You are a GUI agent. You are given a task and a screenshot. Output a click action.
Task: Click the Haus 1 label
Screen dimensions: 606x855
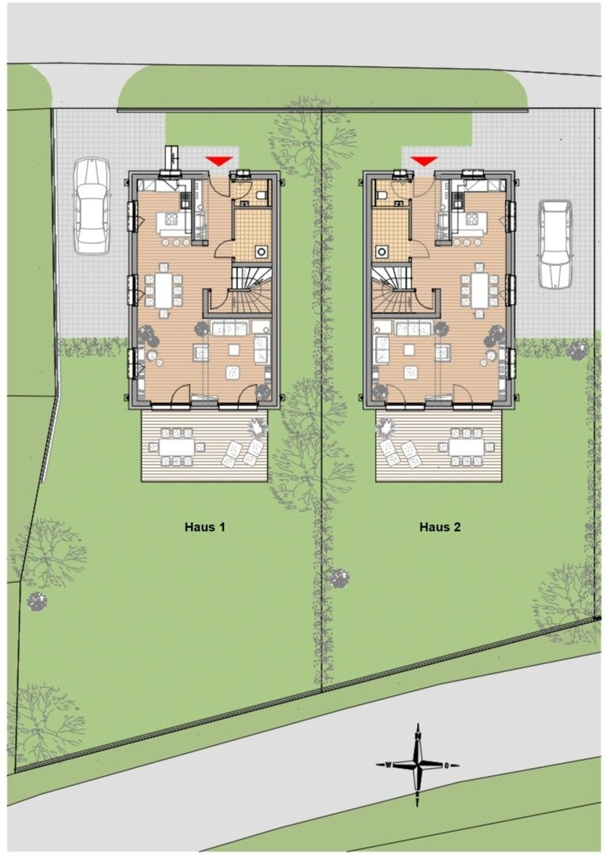pyautogui.click(x=204, y=526)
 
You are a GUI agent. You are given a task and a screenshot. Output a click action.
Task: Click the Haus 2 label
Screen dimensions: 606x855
pyautogui.click(x=440, y=526)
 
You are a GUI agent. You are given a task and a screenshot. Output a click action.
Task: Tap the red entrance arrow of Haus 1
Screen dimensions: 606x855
pyautogui.click(x=219, y=161)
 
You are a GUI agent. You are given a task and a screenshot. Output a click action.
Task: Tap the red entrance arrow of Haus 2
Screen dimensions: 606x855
pyautogui.click(x=424, y=161)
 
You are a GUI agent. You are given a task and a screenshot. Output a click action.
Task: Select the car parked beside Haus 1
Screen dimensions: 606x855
pyautogui.click(x=92, y=206)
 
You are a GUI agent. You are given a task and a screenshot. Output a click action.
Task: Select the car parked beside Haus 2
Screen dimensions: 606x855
pyautogui.click(x=555, y=243)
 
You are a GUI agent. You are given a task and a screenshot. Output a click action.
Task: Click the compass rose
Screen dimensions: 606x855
pyautogui.click(x=418, y=765)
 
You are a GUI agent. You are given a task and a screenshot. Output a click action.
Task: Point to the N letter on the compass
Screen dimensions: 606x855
pyautogui.click(x=418, y=735)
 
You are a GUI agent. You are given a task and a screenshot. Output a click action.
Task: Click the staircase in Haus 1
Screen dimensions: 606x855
pyautogui.click(x=252, y=289)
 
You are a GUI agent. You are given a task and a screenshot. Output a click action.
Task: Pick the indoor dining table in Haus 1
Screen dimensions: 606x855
pyautogui.click(x=164, y=290)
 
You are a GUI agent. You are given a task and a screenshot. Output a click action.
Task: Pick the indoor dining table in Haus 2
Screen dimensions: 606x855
pyautogui.click(x=479, y=290)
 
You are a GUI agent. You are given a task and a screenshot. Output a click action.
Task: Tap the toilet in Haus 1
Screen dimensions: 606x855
pyautogui.click(x=262, y=196)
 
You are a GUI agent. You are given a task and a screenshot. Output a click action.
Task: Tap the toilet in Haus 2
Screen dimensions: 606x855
pyautogui.click(x=381, y=196)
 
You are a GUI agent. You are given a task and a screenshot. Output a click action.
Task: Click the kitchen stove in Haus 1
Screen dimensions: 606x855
pyautogui.click(x=171, y=219)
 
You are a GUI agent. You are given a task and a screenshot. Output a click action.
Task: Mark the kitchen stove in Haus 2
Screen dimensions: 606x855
pyautogui.click(x=472, y=219)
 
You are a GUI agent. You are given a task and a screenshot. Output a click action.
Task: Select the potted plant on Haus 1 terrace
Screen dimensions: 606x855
pyautogui.click(x=258, y=427)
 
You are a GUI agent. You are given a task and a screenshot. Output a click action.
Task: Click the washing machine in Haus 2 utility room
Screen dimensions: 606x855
pyautogui.click(x=381, y=252)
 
